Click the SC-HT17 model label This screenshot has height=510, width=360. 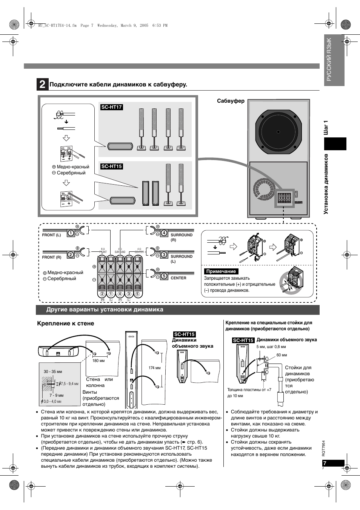tap(111, 107)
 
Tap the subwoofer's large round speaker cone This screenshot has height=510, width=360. tap(278, 132)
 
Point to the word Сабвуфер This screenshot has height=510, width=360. tap(231, 101)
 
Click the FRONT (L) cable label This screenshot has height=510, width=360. tap(51, 235)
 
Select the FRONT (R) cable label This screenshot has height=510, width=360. tap(51, 257)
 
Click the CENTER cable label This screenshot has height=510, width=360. tap(178, 278)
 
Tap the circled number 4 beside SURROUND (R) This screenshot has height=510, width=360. tap(164, 233)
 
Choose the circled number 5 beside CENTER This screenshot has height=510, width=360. tap(164, 276)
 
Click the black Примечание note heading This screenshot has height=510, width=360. tap(221, 271)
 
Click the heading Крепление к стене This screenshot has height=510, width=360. tap(65, 324)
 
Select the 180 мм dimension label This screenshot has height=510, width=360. tap(98, 361)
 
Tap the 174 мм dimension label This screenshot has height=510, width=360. tap(154, 367)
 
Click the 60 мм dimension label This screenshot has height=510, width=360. tap(282, 355)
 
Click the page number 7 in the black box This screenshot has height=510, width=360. tap(325, 463)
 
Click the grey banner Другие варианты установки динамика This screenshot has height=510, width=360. tap(105, 310)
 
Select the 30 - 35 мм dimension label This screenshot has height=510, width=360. tap(53, 371)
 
